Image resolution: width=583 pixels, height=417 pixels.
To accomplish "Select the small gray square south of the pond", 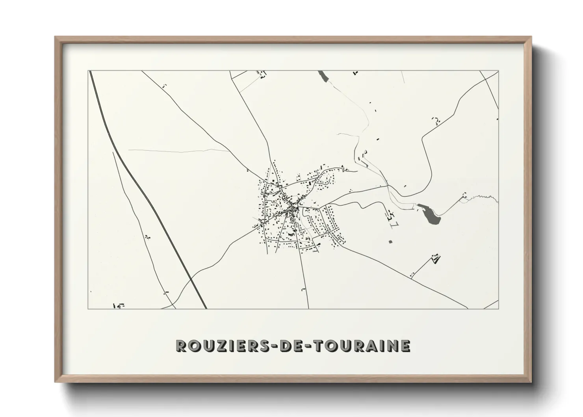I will [390, 241].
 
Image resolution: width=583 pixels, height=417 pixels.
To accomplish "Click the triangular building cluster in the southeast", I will [436, 259].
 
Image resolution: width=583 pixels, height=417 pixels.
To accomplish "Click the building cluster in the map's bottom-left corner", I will [118, 305].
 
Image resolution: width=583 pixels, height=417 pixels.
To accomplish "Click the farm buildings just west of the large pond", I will [391, 216].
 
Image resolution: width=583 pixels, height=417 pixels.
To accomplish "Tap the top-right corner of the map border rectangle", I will [498, 71].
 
